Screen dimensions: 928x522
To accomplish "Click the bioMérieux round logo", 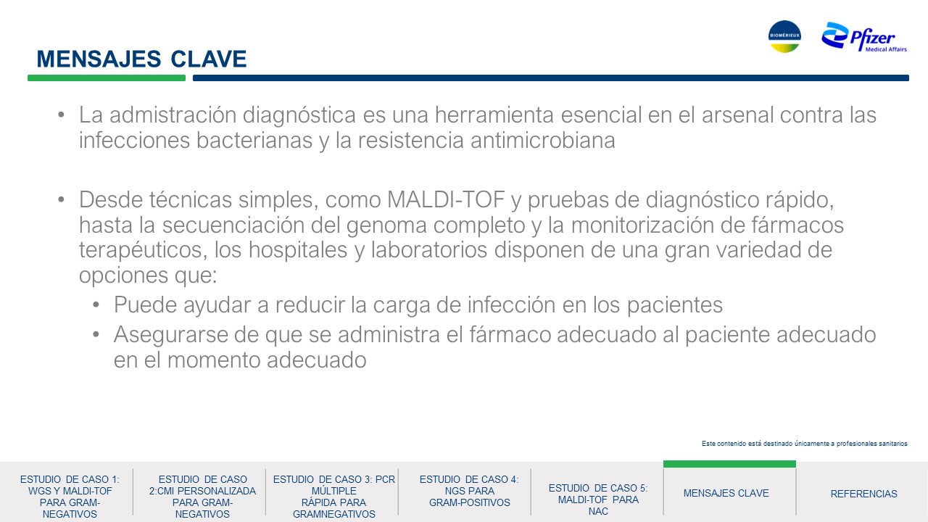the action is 784,36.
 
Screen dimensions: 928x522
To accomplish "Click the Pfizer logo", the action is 863,37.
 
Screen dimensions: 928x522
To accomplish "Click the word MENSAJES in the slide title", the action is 99,59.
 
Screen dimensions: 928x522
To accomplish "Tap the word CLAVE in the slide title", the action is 208,59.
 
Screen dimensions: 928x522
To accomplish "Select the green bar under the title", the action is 107,78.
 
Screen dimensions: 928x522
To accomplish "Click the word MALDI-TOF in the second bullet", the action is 446,199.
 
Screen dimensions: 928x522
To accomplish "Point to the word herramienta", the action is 494,115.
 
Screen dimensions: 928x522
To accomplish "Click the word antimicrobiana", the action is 543,140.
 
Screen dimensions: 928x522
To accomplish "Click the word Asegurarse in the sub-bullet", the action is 170,335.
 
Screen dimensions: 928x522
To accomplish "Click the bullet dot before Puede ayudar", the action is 96,305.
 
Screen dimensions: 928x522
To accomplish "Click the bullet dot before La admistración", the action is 61,115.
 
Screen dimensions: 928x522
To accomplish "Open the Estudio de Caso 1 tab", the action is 70,497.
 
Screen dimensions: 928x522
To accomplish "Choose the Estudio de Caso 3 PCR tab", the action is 334,497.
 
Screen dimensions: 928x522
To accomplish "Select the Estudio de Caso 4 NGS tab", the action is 469,491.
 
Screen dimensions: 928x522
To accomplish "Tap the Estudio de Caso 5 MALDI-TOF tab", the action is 598,500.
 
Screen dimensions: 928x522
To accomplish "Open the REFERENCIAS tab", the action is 863,494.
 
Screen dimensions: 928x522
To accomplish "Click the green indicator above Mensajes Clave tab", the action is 729,464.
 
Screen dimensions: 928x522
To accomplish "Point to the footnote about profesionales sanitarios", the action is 805,443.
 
